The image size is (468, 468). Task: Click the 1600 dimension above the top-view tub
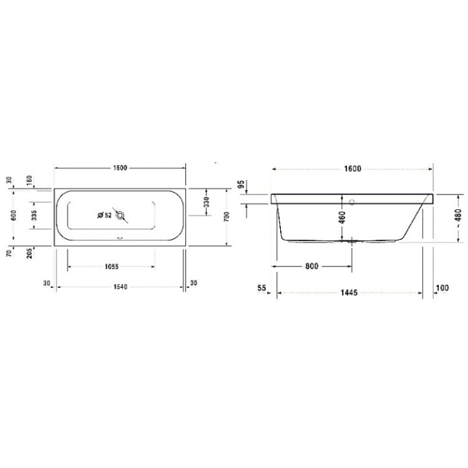pyautogui.click(x=120, y=168)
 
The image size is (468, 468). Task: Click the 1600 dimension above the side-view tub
pyautogui.click(x=351, y=169)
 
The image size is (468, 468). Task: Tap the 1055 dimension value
pyautogui.click(x=112, y=266)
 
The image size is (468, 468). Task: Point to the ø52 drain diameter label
pyautogui.click(x=104, y=216)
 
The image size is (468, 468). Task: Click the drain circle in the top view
pyautogui.click(x=120, y=216)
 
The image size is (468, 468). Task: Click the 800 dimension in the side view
pyautogui.click(x=311, y=266)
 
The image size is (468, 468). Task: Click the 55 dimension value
pyautogui.click(x=262, y=287)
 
